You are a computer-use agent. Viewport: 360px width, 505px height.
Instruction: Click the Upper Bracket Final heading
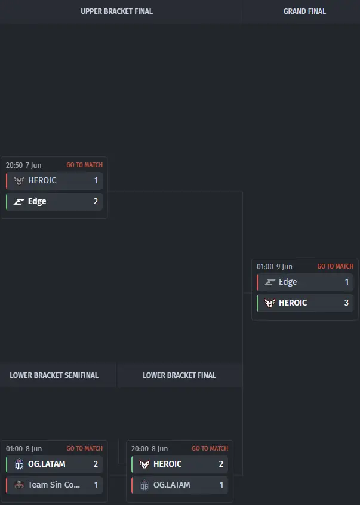pos(116,11)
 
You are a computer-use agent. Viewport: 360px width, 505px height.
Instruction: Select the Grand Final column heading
pos(304,11)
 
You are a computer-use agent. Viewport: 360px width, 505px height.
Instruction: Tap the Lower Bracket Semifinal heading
pos(54,375)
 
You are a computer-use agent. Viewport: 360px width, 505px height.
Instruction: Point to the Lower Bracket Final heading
pos(179,375)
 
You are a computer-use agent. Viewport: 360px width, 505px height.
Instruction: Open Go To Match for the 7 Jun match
pos(84,165)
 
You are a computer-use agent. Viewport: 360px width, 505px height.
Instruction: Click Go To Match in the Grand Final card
pos(335,266)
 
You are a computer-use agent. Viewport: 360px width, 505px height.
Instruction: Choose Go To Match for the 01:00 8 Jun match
pos(84,448)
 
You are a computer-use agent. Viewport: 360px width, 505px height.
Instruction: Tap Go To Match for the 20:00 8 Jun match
pos(210,448)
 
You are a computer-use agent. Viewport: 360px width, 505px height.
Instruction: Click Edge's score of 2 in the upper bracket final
pos(96,201)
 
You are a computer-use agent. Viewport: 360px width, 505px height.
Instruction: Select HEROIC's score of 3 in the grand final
pos(346,303)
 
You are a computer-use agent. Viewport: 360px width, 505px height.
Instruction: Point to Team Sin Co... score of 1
pos(96,485)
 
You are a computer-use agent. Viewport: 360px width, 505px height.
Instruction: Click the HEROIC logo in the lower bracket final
pos(144,464)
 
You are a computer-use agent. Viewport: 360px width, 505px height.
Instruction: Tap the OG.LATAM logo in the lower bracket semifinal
pos(19,464)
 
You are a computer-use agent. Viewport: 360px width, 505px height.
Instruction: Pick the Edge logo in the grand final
pos(269,282)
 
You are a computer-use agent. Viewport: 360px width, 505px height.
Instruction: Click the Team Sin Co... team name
pos(54,485)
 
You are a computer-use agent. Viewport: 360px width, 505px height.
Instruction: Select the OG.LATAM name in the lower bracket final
pos(171,485)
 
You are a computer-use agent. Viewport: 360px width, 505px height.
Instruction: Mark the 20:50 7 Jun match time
pos(23,165)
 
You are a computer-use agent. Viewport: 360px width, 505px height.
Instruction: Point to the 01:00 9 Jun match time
pos(275,267)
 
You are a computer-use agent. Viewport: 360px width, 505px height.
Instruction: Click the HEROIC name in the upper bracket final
pos(42,180)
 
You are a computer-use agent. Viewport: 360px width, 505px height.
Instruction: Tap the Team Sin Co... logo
pos(19,485)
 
